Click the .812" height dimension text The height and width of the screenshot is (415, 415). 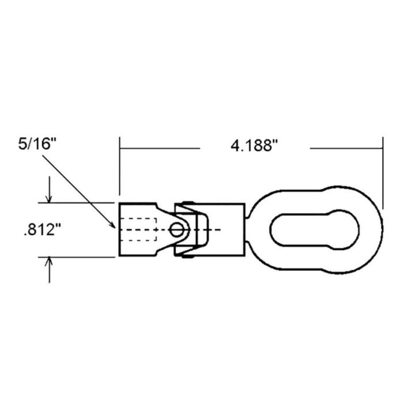[x=41, y=230]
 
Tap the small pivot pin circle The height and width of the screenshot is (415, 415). [x=177, y=230]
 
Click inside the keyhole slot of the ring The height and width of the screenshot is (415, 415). [x=314, y=230]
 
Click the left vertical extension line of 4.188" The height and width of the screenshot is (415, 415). [x=119, y=167]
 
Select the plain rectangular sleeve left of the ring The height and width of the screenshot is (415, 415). [x=228, y=229]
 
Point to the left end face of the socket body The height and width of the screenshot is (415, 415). [x=119, y=229]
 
